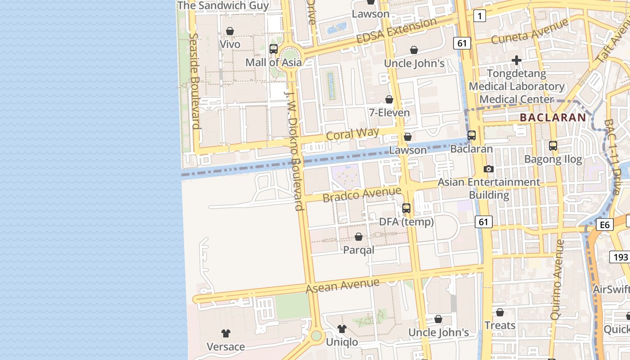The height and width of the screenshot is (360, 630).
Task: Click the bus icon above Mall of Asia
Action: point(274,49)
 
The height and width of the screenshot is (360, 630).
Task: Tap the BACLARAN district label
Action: point(553,117)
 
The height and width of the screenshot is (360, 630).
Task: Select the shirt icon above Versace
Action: point(226,333)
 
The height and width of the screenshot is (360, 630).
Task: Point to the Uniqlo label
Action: point(342,342)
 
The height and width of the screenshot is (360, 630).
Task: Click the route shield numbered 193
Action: point(620,257)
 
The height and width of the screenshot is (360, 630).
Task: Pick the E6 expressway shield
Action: point(604,225)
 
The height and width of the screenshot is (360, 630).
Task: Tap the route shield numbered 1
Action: point(480,17)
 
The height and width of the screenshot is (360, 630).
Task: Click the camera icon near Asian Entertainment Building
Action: point(489,169)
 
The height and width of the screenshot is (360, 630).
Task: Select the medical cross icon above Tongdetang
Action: point(517,60)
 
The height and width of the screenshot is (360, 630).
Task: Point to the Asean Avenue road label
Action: point(342,285)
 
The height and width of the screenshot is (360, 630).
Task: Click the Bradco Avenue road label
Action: point(362,194)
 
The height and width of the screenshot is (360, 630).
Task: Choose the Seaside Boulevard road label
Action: point(194,81)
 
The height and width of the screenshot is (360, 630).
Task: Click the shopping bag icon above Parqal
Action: point(359,237)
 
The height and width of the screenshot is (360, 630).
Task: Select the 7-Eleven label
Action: point(390,112)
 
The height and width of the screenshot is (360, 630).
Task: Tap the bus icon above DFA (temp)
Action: point(406,208)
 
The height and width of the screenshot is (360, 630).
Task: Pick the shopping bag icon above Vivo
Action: point(230,31)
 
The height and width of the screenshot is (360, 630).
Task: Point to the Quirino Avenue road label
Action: point(557,279)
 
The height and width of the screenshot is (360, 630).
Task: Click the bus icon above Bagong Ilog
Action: point(553,146)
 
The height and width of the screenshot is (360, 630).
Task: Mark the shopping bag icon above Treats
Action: point(500,312)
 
